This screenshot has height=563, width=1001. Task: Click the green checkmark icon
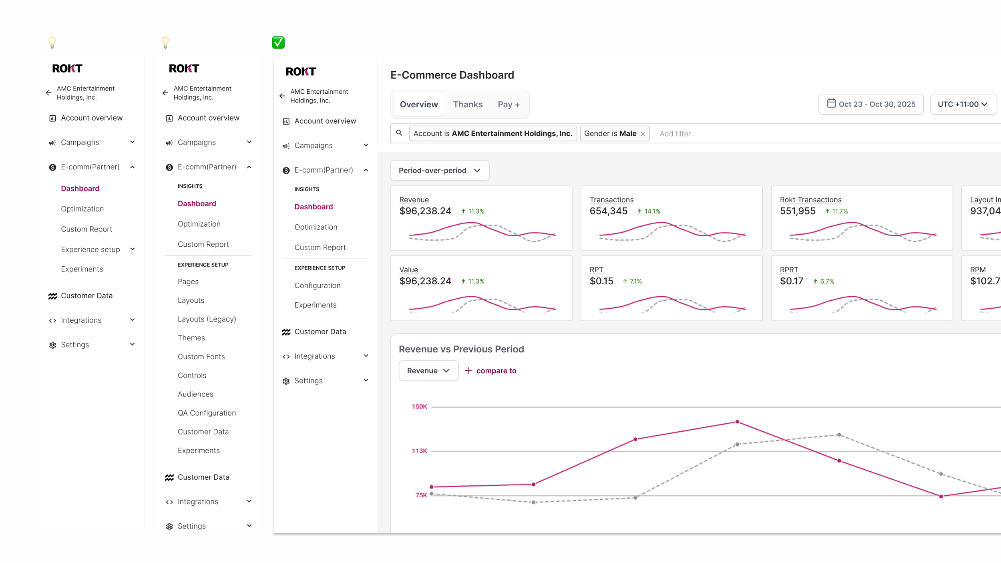(278, 42)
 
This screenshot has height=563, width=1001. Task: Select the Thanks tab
(468, 105)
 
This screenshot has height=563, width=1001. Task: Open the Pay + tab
(509, 105)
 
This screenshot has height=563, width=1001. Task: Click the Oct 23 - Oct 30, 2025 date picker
(871, 104)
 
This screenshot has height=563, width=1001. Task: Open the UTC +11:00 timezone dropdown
(963, 104)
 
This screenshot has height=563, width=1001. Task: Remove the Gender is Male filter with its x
(643, 134)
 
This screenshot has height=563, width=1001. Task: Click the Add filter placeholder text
(675, 134)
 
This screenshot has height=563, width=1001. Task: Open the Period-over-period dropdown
(440, 171)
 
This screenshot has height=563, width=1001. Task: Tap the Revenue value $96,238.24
(425, 211)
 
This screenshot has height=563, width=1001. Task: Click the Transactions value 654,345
(608, 211)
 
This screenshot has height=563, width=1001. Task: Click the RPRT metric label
(789, 270)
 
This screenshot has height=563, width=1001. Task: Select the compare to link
(490, 371)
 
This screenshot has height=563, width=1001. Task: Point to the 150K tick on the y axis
(419, 406)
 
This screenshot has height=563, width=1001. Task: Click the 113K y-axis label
(419, 451)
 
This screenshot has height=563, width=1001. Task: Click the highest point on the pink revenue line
(737, 422)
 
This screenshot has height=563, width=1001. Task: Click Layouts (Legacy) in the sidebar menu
(207, 319)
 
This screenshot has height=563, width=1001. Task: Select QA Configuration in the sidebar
(207, 413)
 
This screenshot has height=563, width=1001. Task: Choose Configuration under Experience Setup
(318, 286)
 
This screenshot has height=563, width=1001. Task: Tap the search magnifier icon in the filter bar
(399, 133)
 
